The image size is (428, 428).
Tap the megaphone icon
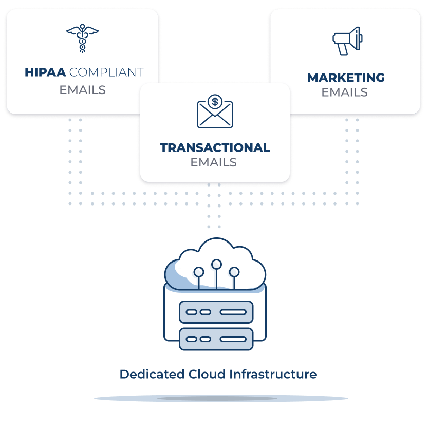pyautogui.click(x=347, y=41)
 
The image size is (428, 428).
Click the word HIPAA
pyautogui.click(x=45, y=72)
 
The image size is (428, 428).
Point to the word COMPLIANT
pyautogui.click(x=106, y=72)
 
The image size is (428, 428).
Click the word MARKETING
pyautogui.click(x=346, y=78)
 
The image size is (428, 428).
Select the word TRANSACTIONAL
pyautogui.click(x=215, y=148)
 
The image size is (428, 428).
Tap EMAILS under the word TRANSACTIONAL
pyautogui.click(x=213, y=162)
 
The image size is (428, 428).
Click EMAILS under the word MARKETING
pyautogui.click(x=344, y=92)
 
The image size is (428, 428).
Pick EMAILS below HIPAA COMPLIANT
pyautogui.click(x=82, y=90)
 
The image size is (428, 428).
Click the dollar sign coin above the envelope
pyautogui.click(x=215, y=102)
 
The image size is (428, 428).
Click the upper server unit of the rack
pyautogui.click(x=216, y=312)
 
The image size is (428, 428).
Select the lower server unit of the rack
pyautogui.click(x=216, y=339)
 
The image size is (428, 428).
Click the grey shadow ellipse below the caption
pyautogui.click(x=221, y=398)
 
